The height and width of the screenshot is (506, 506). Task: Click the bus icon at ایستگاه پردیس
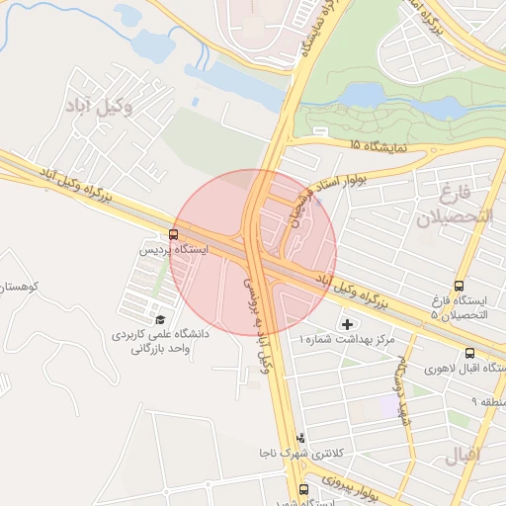pos(174,234)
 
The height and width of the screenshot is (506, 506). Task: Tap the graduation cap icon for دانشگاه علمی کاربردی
pos(161,319)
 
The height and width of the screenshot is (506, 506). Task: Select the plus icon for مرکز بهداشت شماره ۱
pos(347,323)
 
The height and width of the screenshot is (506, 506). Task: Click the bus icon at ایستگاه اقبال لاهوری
pos(468,353)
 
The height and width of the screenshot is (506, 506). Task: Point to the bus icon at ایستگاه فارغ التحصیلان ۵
pos(459,286)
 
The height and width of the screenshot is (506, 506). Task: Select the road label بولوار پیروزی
pos(341,490)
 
